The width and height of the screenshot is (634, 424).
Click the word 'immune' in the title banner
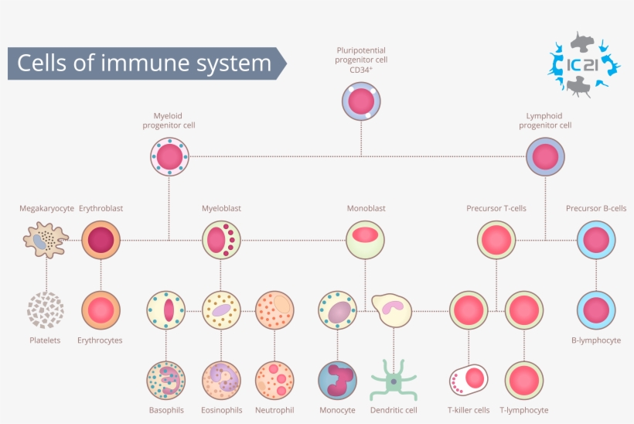[178, 63]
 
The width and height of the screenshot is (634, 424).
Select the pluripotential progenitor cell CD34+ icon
[361, 101]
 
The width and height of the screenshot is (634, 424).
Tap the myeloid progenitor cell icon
[169, 157]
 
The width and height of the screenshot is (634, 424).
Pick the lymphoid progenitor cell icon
[546, 157]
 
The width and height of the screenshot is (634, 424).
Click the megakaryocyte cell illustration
[45, 240]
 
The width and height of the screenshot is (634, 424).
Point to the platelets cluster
[45, 310]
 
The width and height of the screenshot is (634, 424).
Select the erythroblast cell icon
[101, 240]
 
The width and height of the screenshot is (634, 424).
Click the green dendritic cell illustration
[394, 380]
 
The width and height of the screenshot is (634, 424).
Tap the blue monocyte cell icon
[337, 380]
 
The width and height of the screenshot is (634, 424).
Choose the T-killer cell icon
[469, 380]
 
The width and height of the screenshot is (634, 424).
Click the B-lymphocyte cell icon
[596, 310]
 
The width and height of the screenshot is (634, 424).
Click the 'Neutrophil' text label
[274, 410]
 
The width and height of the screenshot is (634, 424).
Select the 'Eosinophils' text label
[222, 410]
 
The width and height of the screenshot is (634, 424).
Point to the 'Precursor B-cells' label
[595, 208]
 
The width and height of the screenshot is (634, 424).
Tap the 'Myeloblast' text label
[221, 208]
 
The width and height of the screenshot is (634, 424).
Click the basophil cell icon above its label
[166, 380]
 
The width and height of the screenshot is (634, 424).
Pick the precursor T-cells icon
[496, 240]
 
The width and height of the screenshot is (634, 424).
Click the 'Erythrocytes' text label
[101, 340]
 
